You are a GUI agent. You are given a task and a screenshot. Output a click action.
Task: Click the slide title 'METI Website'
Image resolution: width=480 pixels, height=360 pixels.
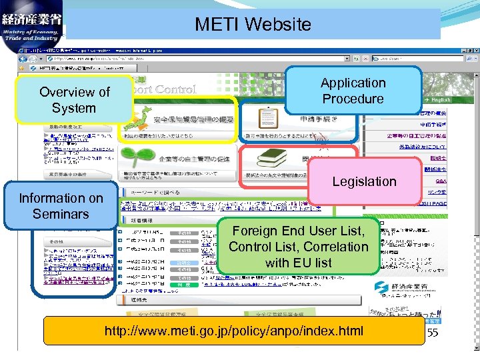pos(253,25)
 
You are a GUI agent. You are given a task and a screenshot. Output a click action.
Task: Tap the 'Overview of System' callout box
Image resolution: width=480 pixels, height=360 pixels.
pos(74,100)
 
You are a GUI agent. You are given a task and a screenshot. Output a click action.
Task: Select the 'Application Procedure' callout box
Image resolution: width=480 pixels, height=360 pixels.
pos(353,91)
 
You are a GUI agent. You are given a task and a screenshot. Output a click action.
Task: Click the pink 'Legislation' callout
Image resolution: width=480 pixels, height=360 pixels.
pos(364,181)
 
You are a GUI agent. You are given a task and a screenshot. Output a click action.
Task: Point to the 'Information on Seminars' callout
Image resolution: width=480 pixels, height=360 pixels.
pos(61,206)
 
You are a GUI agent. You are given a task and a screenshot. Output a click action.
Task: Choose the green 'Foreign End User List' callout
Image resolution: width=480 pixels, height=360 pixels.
pos(298,246)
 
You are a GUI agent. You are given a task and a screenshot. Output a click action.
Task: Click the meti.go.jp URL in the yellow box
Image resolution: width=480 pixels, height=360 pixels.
pos(233,331)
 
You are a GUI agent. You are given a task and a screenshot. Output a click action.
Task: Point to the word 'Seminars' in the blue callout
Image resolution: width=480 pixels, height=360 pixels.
pos(61,214)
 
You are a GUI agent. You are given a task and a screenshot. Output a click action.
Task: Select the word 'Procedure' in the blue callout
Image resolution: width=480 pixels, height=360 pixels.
pos(353,99)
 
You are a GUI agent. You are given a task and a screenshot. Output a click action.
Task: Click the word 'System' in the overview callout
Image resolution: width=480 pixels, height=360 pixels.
pos(74,108)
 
